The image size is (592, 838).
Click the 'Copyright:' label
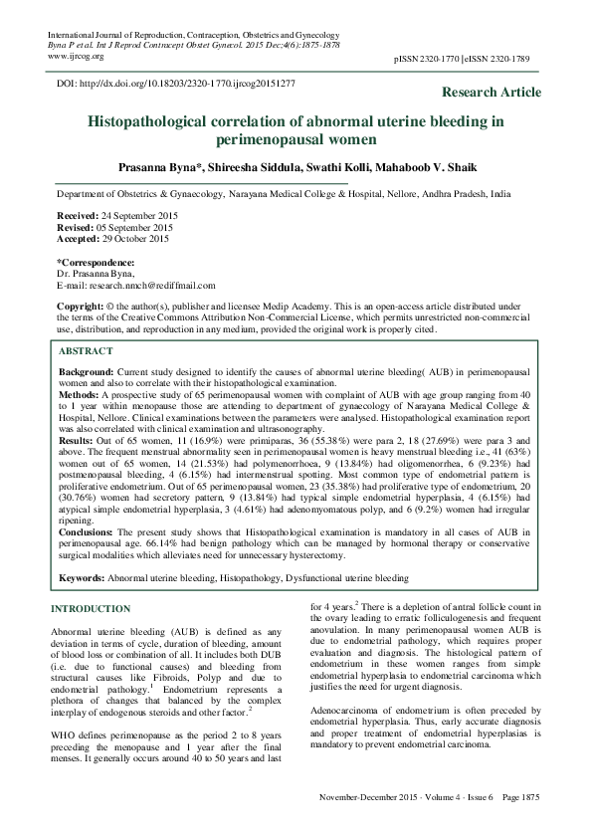point(81,305)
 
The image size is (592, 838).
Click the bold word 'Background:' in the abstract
point(87,369)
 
